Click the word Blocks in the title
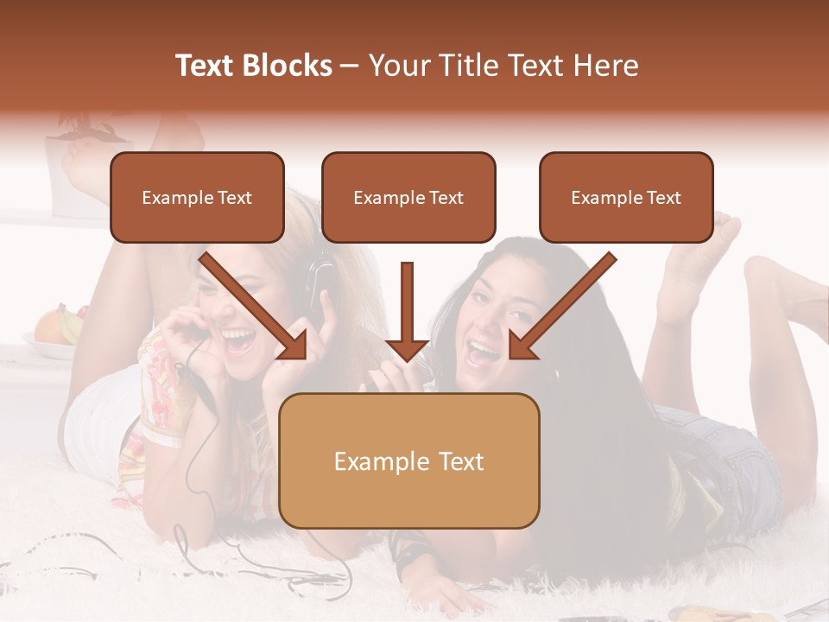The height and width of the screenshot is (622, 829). [x=286, y=66]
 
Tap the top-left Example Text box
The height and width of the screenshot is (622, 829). [x=197, y=197]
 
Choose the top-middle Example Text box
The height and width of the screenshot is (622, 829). [x=408, y=197]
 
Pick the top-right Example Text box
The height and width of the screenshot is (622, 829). [x=626, y=197]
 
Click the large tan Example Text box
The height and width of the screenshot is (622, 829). [x=408, y=460]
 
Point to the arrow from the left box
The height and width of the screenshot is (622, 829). [x=255, y=306]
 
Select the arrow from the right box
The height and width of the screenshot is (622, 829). [x=561, y=306]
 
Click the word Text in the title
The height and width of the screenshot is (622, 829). [x=205, y=66]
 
